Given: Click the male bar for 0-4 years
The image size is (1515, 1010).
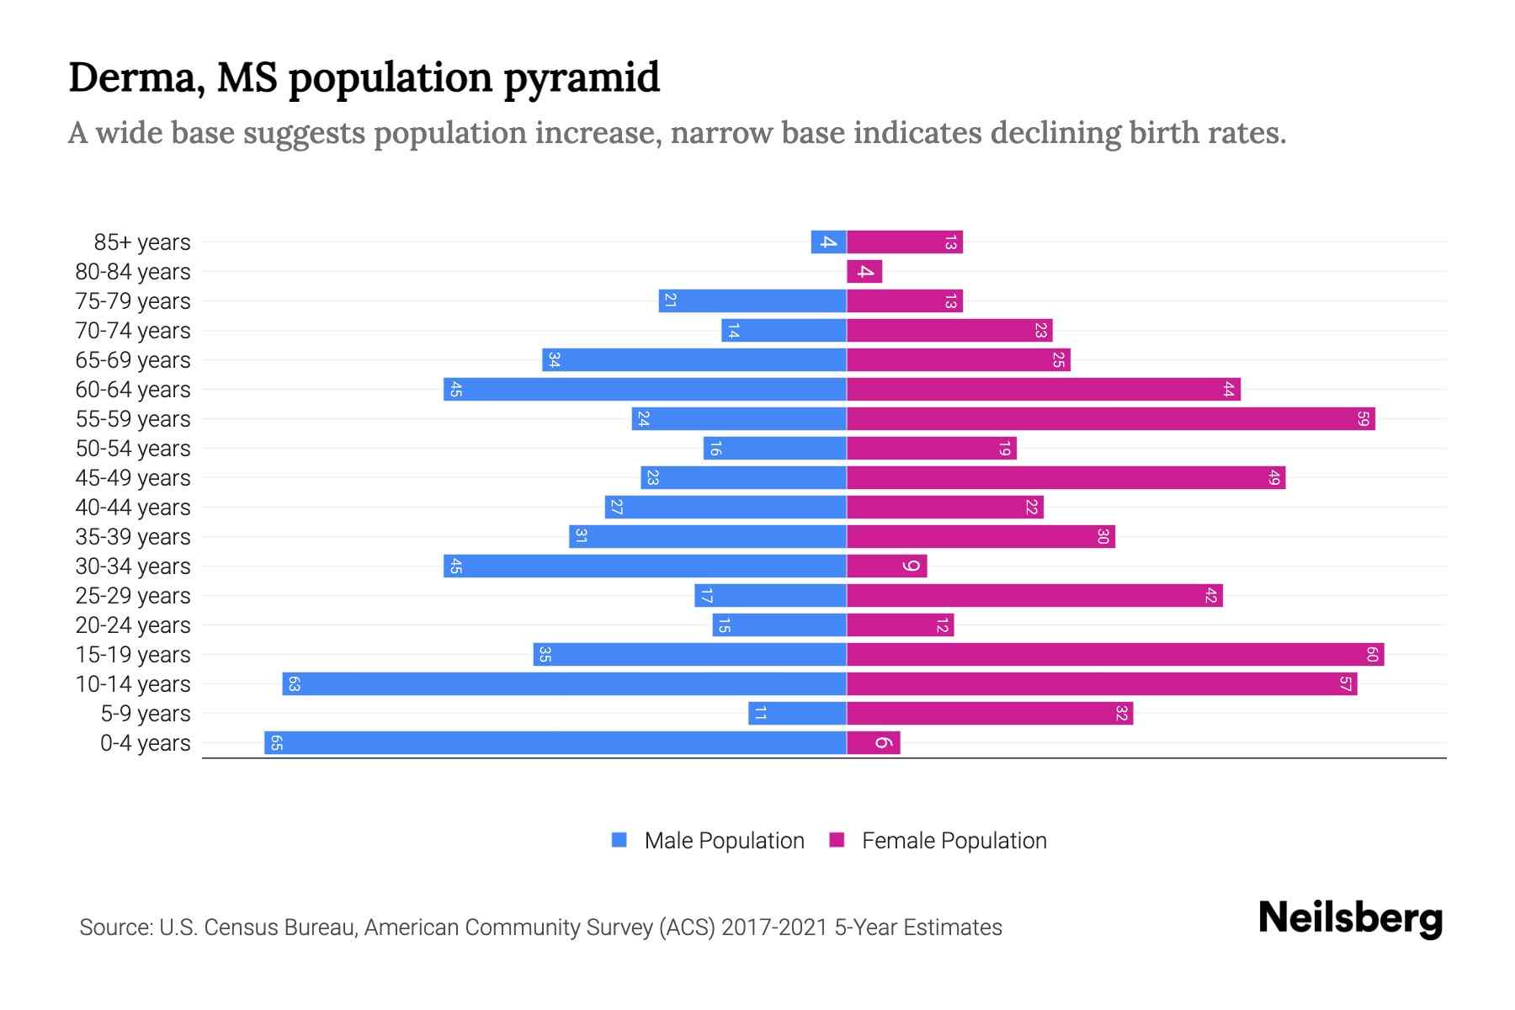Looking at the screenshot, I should [x=555, y=742].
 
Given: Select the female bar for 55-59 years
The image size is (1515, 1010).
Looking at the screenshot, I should [x=1111, y=418].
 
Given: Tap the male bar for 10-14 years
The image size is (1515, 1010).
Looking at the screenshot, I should [x=564, y=683].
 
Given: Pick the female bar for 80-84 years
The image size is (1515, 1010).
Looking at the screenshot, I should [x=864, y=271].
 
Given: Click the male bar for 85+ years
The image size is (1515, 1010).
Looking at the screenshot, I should [x=828, y=242].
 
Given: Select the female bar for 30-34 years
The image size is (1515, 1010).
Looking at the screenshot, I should [x=886, y=566].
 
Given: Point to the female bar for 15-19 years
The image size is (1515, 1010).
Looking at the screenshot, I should [x=1115, y=654].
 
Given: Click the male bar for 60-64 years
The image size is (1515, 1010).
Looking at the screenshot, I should [x=645, y=389].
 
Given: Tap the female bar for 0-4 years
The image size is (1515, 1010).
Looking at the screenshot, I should [x=874, y=742].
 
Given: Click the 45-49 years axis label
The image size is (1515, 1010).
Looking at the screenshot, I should [x=133, y=478].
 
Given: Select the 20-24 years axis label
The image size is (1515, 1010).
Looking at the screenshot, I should [x=133, y=625].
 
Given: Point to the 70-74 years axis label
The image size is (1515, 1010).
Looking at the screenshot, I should [x=133, y=331].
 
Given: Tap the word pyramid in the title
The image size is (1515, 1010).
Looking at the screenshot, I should [x=582, y=77].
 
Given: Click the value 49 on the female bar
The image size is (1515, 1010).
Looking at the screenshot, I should [x=1274, y=478].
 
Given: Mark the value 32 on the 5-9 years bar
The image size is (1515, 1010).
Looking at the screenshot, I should [x=1121, y=714].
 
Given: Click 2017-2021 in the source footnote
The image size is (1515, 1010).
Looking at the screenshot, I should [x=774, y=928].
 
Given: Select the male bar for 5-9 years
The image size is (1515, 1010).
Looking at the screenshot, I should [x=797, y=713].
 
